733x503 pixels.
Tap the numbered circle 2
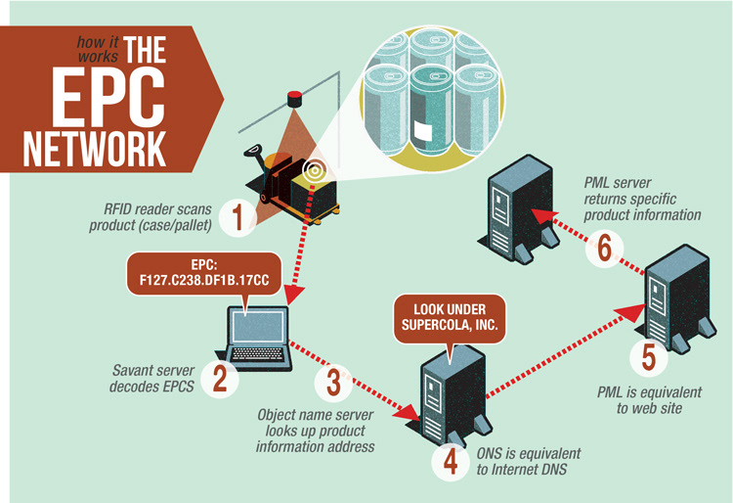(x=220, y=379)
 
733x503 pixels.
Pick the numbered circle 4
(x=450, y=461)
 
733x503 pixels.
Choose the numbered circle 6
(x=604, y=251)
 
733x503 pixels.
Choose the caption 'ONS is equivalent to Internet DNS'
(x=530, y=461)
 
